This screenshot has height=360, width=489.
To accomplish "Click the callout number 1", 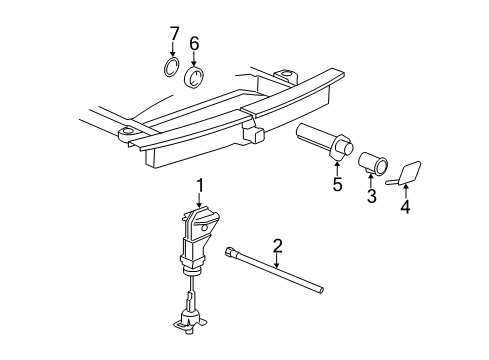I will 199,184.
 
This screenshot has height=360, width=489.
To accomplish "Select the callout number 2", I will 277,244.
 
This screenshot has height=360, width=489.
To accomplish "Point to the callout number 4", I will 405,208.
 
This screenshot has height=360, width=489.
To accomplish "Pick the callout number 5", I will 337,184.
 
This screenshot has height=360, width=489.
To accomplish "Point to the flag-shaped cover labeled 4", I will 410,173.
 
